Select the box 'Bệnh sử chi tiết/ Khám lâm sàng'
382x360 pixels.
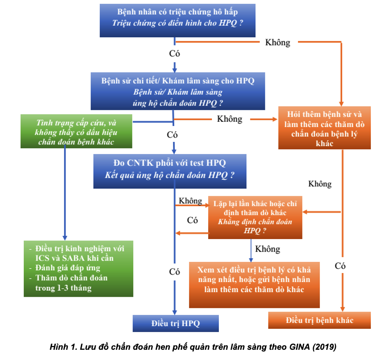[178, 91]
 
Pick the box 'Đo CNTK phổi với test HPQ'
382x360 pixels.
[170, 169]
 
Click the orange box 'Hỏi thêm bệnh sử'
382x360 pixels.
[324, 127]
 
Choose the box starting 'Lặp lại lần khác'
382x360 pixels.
[255, 217]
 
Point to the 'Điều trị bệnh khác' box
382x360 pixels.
[320, 320]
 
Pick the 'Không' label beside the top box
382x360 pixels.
[277, 42]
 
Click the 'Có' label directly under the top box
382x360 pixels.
[174, 53]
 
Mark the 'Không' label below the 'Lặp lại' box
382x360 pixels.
[268, 249]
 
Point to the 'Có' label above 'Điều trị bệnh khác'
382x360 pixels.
[340, 266]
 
